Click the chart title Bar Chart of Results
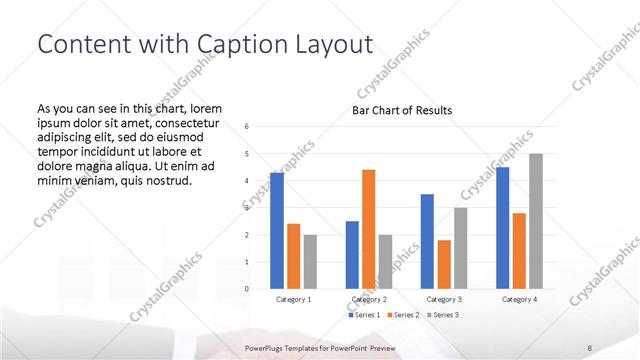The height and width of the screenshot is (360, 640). [402, 110]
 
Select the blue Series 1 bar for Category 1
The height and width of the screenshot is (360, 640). [277, 231]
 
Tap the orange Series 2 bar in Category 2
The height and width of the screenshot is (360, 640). [368, 229]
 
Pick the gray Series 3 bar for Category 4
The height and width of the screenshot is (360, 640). [536, 221]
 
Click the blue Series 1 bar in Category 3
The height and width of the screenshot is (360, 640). [427, 241]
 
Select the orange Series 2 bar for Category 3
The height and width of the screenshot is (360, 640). [444, 264]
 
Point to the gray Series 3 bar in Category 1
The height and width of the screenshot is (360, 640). [310, 262]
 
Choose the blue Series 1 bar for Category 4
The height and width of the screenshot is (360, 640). [502, 228]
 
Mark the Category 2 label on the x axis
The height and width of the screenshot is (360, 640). [367, 299]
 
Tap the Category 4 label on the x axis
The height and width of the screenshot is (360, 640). [519, 299]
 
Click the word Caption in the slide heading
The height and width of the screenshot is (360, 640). [237, 45]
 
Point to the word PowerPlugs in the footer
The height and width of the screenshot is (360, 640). [265, 348]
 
